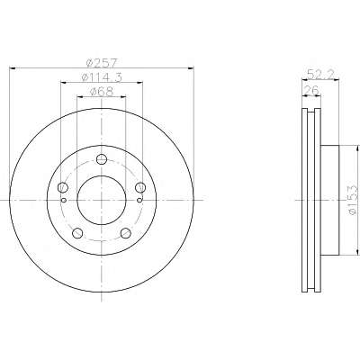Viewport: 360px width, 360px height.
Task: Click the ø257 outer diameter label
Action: click(101, 63)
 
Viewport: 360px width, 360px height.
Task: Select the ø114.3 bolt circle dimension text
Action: click(102, 77)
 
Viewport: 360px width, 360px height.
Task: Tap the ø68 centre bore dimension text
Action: click(102, 92)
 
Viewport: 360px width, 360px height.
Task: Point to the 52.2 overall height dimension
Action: click(320, 75)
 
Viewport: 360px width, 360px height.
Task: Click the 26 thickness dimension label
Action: click(310, 90)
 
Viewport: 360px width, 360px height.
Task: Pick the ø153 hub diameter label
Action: click(354, 200)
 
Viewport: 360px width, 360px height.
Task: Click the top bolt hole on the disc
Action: click(102, 159)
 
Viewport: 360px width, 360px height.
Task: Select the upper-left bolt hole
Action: click(63, 188)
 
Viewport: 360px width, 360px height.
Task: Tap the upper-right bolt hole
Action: click(140, 188)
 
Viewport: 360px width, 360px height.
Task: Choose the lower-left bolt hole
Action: click(77, 233)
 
